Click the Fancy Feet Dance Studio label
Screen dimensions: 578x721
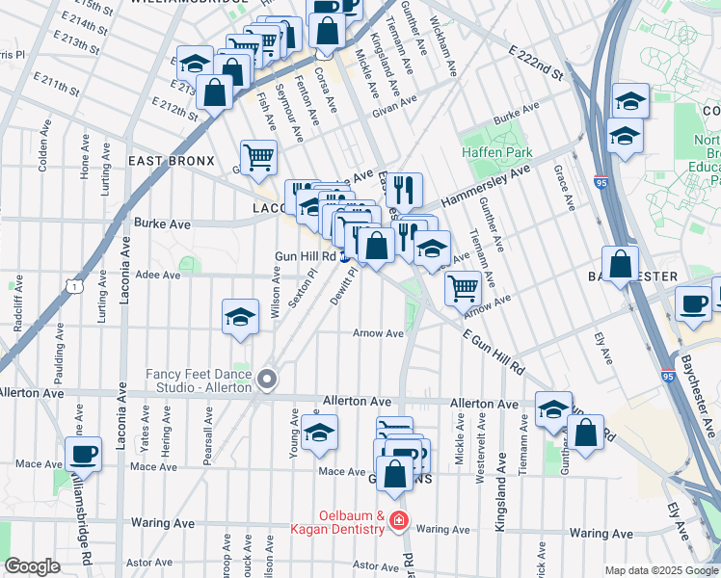pos(199,380)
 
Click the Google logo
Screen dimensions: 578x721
pos(32,566)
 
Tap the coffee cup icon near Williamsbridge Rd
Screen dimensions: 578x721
pos(84,455)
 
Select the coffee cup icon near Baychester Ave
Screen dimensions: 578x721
pos(693,303)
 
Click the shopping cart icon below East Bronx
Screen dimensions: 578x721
pos(258,156)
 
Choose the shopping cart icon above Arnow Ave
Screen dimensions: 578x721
pos(464,286)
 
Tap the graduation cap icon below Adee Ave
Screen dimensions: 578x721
pos(240,317)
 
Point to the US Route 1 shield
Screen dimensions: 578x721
pos(70,284)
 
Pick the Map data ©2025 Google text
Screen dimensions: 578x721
pos(660,569)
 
